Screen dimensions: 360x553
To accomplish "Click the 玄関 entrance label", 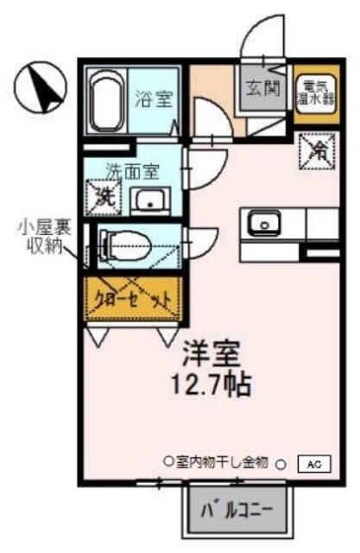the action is pyautogui.click(x=263, y=88).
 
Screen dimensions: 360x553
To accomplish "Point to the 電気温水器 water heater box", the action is pyautogui.click(x=315, y=94).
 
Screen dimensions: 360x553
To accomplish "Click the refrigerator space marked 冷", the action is pyautogui.click(x=316, y=150).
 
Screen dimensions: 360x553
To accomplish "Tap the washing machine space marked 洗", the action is pyautogui.click(x=104, y=198).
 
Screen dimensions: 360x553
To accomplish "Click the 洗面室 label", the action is pyautogui.click(x=133, y=172).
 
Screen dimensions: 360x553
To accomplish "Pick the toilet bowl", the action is pyautogui.click(x=125, y=245).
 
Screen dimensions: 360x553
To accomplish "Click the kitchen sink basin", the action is pyautogui.click(x=264, y=223).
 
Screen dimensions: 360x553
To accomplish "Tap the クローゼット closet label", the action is pyautogui.click(x=133, y=301).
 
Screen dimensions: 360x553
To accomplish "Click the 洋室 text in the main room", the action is pyautogui.click(x=212, y=353).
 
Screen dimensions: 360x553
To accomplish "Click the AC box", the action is pyautogui.click(x=314, y=464).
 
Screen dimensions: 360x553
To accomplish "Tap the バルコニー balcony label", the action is pyautogui.click(x=237, y=511).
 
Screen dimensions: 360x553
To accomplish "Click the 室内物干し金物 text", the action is pyautogui.click(x=223, y=462).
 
